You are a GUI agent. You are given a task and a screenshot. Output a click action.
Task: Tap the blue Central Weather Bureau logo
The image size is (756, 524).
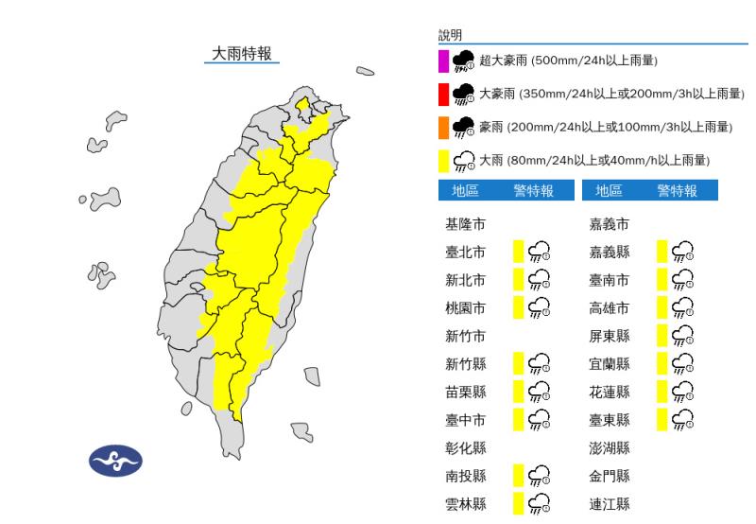(x=115, y=462)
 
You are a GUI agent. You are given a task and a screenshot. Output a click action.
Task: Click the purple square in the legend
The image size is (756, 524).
(x=442, y=62)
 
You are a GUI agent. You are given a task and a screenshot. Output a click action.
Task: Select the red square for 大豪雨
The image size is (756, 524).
(x=442, y=95)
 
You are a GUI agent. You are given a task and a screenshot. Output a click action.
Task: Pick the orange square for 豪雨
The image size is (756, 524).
(x=442, y=127)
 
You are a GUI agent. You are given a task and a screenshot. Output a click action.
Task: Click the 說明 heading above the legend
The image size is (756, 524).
(x=450, y=35)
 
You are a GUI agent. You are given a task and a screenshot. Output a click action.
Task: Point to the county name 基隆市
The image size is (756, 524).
(x=466, y=225)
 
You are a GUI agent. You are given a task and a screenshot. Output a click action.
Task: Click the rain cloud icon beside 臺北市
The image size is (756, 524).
(x=540, y=252)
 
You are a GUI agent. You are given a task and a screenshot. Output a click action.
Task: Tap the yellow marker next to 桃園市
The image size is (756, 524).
(x=518, y=307)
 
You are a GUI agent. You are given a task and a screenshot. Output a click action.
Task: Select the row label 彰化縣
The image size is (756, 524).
(x=466, y=447)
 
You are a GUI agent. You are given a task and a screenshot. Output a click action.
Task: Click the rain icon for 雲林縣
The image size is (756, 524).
(x=540, y=503)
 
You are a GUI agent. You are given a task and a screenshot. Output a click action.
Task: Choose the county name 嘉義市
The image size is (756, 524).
(x=610, y=225)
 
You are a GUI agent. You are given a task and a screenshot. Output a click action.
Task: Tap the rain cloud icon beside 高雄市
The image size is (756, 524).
(x=682, y=308)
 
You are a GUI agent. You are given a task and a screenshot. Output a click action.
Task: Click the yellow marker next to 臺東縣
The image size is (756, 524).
(x=662, y=419)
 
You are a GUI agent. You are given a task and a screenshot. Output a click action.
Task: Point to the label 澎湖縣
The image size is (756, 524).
(x=610, y=447)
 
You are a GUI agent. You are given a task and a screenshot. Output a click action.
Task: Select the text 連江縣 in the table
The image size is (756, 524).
(x=610, y=504)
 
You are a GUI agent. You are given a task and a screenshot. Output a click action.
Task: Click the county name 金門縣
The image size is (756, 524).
(x=610, y=476)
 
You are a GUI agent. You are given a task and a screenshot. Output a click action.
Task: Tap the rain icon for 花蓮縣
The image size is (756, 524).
(x=682, y=392)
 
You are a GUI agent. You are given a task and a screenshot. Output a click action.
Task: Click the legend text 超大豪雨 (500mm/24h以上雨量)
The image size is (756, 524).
(x=568, y=61)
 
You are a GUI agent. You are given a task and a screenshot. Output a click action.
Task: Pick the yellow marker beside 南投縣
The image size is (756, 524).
(x=518, y=475)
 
